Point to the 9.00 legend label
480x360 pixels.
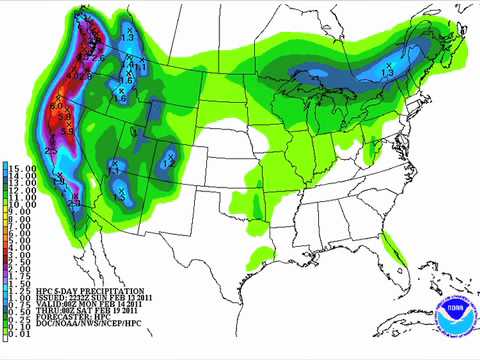pos(18,211)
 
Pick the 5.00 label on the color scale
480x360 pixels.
pos(18,241)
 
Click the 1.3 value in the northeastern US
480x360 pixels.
pos(388,71)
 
